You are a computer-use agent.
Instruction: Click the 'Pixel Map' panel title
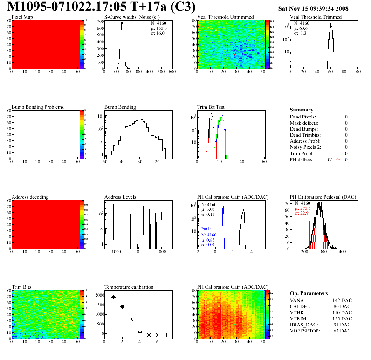22,17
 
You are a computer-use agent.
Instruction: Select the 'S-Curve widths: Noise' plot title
132,17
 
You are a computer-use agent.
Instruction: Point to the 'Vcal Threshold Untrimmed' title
226,17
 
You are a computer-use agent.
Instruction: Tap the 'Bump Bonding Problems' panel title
38,107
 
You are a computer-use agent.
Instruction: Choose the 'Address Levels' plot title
121,197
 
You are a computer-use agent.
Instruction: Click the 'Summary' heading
302,110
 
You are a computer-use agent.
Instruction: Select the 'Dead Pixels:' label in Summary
303,117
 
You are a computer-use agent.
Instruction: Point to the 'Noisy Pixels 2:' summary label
306,147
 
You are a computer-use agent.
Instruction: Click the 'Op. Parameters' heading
309,293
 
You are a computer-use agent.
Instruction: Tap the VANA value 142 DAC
335,300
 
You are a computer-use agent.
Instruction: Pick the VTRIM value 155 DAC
335,318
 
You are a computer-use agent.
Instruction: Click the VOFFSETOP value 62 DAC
336,331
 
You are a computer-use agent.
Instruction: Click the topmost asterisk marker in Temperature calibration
104,294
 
